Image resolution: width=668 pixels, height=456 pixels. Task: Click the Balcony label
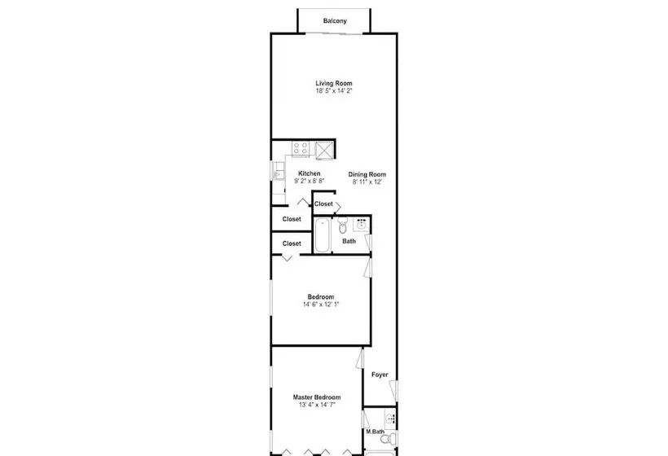335,21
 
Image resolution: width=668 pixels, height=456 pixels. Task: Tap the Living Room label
334,83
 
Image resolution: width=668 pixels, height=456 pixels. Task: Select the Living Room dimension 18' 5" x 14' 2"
334,91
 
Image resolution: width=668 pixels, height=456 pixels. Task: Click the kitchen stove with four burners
301,148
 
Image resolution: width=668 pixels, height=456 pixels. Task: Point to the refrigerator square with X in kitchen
324,151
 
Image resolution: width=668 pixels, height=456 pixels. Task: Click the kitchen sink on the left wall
277,171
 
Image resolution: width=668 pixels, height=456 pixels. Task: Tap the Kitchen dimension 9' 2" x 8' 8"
310,181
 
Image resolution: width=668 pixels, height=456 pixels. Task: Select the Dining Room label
367,174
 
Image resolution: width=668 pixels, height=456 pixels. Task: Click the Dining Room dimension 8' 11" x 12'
367,182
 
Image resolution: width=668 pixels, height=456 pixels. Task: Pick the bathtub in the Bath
322,235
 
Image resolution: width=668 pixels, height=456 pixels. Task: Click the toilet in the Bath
343,226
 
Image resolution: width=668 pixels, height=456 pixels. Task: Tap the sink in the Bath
362,224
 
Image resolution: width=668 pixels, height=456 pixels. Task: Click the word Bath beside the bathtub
349,241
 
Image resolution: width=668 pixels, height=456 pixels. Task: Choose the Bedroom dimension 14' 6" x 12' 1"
321,305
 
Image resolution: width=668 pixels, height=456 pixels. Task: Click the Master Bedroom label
317,397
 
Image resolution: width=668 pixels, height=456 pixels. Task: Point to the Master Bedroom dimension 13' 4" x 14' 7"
317,405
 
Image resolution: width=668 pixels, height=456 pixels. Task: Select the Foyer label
380,375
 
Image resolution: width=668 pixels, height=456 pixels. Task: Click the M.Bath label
376,432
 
